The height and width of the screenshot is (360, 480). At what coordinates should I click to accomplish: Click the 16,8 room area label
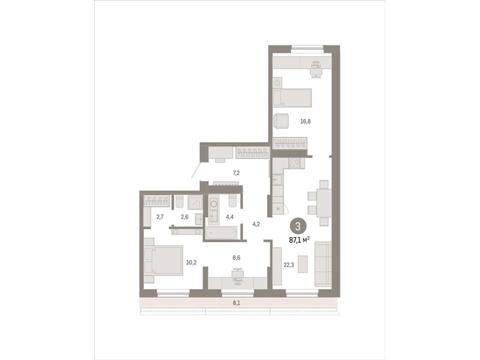coord(305,121)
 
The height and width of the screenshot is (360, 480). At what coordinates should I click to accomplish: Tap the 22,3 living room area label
coord(289,265)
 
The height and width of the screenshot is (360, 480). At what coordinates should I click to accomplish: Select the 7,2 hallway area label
coord(236,173)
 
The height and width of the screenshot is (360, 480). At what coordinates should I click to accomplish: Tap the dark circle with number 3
coord(298,226)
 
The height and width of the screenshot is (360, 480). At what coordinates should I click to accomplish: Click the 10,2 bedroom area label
coord(191,262)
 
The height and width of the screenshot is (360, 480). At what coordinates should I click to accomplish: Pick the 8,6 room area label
coord(236,258)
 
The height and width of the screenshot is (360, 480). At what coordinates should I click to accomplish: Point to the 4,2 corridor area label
coord(256,224)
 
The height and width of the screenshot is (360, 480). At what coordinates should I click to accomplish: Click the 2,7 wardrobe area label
coord(160,217)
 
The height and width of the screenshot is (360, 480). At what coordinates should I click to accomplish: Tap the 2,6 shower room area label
coord(185,217)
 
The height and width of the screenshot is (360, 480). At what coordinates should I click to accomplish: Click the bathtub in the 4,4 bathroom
coord(221,233)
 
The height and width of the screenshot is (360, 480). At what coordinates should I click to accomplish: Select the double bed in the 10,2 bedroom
coord(163,260)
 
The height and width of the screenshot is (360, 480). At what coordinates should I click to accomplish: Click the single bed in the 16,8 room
coord(292,98)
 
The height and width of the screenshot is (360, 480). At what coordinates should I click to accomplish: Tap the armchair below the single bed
coord(281,121)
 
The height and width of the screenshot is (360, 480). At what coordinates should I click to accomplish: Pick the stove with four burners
coord(295,163)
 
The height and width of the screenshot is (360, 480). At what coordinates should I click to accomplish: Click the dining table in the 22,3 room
coord(324,203)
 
